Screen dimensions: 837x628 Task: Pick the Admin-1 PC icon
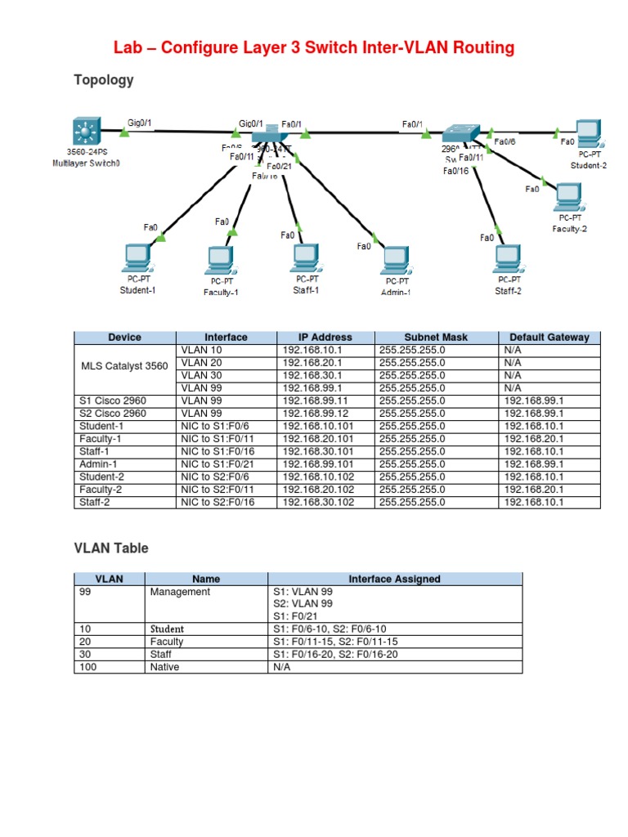(396, 261)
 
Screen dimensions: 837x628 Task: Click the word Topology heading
(104, 80)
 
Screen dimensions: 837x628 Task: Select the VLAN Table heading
(111, 548)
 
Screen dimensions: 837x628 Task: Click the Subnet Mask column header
(436, 337)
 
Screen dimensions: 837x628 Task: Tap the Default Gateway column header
(549, 337)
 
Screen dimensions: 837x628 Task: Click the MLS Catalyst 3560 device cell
(124, 366)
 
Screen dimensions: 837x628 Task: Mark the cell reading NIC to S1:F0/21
(218, 464)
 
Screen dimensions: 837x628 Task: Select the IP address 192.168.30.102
(318, 503)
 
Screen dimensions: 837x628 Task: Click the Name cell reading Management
(180, 592)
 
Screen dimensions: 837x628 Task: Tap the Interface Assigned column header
(394, 579)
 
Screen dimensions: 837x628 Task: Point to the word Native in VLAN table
(164, 667)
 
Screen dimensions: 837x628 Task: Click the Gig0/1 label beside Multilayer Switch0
(140, 123)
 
